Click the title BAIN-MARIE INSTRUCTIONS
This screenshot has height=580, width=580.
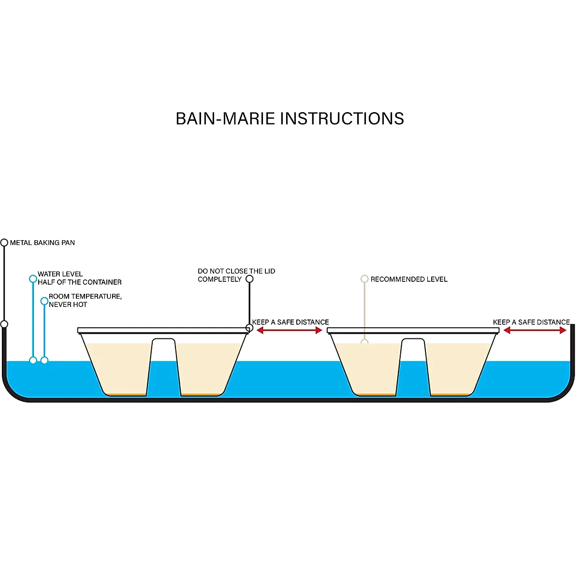(x=290, y=119)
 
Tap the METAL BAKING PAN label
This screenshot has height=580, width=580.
(x=43, y=243)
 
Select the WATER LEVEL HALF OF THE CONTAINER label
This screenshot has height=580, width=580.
(x=79, y=278)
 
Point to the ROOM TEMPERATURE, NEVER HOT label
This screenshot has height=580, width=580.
(x=85, y=300)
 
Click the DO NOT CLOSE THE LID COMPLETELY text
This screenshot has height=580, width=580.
(x=236, y=275)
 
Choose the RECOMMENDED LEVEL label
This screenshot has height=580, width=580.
(x=409, y=279)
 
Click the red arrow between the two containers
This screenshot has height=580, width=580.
(x=290, y=330)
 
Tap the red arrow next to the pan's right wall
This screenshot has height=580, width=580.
(x=535, y=330)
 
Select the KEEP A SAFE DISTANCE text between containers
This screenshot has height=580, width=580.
(x=290, y=322)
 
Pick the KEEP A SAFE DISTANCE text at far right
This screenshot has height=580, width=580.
(x=531, y=322)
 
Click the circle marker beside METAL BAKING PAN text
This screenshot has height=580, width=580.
(x=4, y=243)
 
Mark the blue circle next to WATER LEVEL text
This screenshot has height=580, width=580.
(x=33, y=279)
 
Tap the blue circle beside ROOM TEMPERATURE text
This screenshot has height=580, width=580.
(x=44, y=301)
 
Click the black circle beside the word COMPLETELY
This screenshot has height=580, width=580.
(x=249, y=279)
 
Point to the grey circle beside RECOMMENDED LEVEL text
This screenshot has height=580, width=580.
(x=364, y=279)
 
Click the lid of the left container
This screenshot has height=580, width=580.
(x=163, y=331)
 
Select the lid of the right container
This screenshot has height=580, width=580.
(x=413, y=331)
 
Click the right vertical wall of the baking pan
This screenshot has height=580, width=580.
(x=573, y=348)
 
